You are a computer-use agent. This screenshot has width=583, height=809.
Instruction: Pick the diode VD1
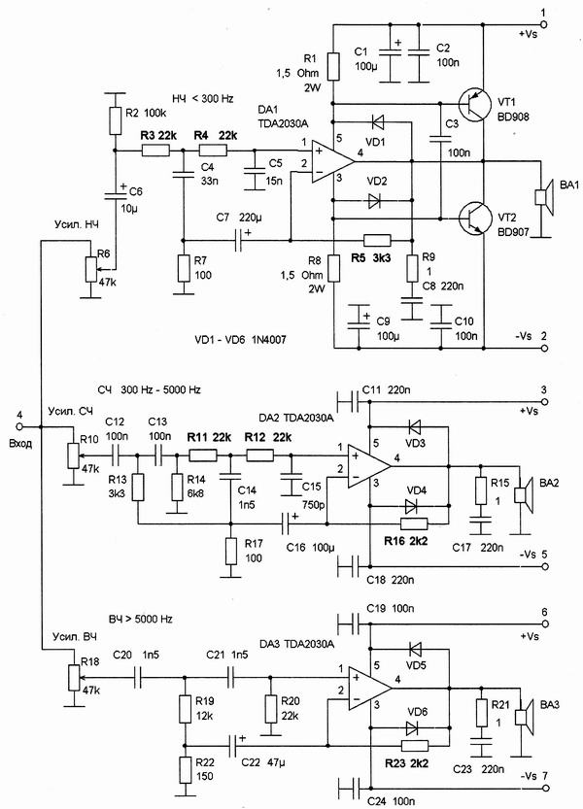coord(379,123)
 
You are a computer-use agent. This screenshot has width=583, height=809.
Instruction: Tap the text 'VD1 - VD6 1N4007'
coord(246,339)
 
